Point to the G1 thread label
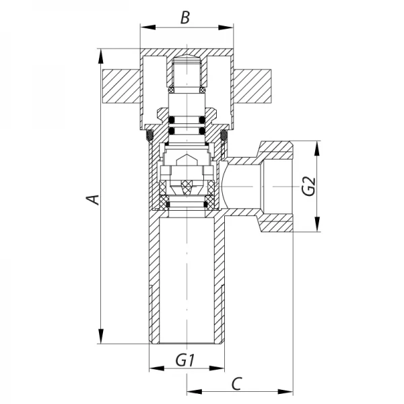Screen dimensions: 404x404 tap(185, 360)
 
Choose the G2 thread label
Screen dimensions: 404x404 tap(308, 187)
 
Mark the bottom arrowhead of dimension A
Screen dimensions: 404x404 tap(101, 341)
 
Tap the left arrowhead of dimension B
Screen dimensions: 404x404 tap(143, 28)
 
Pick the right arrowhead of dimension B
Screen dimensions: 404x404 tap(227, 28)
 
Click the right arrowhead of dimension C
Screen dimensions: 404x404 tap(291, 391)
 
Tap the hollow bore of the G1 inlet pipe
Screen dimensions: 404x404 tap(186, 283)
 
